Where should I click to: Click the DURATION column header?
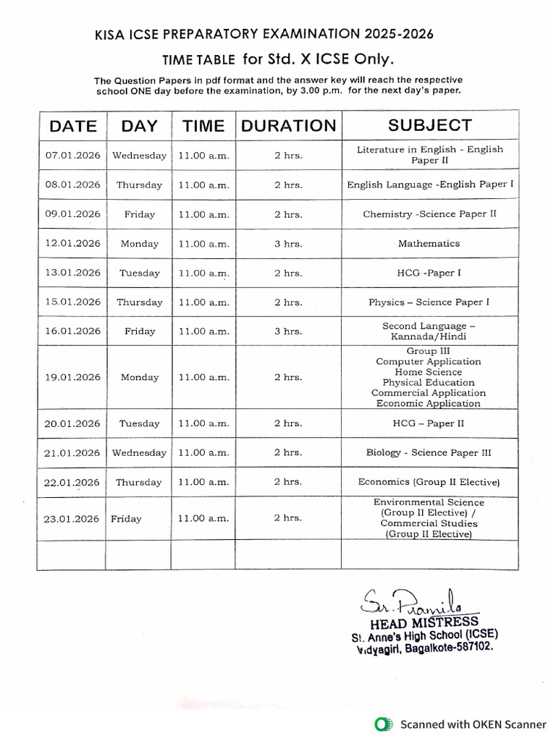coord(288,126)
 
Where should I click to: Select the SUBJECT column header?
coord(429,125)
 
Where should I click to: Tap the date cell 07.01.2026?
coord(72,155)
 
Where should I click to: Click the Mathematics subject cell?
coord(429,244)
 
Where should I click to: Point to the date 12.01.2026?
coord(72,244)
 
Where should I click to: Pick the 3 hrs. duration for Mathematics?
coord(288,244)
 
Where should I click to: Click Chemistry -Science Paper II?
coord(429,214)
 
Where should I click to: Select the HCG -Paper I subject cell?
coord(429,273)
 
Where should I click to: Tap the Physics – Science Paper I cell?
coord(429,302)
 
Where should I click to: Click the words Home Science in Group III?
coord(429,372)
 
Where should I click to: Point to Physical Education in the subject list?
coord(429,382)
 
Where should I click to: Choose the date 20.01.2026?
coord(72,423)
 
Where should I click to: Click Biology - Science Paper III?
coord(429,453)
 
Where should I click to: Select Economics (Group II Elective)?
coord(429,482)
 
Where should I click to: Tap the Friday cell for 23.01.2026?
coord(126,519)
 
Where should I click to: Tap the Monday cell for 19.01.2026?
coord(139,377)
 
